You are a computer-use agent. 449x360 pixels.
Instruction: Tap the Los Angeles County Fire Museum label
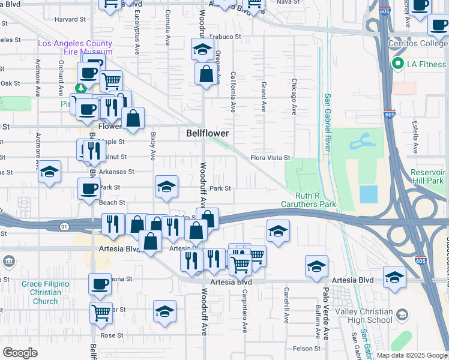point(75,48)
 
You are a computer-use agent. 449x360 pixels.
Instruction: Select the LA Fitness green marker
point(397,64)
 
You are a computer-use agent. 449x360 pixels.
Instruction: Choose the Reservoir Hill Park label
point(427,176)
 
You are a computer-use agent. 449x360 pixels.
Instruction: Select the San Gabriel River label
point(328,123)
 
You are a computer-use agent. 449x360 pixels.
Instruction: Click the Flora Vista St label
point(270,158)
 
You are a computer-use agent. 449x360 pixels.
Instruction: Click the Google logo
point(20,353)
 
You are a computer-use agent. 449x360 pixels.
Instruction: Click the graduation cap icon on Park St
point(166,187)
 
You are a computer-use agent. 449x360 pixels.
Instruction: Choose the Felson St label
point(307,349)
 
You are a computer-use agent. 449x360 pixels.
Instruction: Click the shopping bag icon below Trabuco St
point(206,75)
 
